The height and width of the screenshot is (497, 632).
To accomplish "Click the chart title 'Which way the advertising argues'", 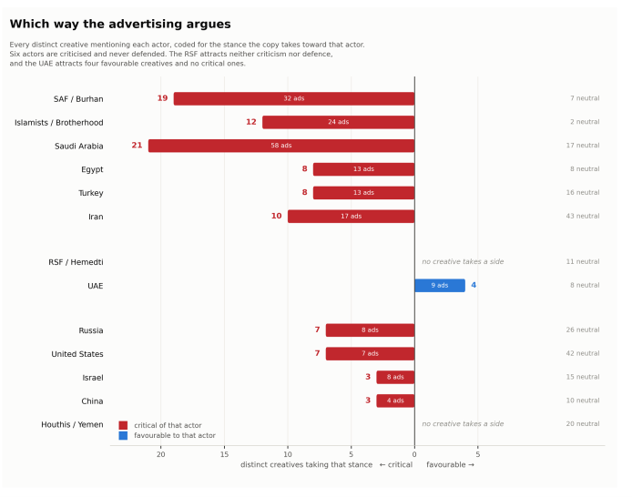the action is click(x=120, y=24).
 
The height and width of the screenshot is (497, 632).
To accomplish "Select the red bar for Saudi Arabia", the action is click(x=281, y=146).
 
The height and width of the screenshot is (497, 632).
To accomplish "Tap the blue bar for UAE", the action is click(x=440, y=285).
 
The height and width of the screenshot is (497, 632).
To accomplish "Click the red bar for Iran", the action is click(x=352, y=217).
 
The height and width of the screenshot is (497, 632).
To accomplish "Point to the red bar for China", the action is click(x=395, y=401).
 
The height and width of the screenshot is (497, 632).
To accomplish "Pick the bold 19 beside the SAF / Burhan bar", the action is click(x=162, y=98).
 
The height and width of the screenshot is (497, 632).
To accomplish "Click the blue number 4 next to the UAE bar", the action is click(x=474, y=285).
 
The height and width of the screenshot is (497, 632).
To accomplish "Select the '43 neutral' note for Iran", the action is click(x=583, y=216).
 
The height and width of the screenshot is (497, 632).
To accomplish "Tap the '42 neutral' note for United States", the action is click(x=583, y=353).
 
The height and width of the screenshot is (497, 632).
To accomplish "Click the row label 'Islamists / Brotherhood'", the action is click(x=59, y=123).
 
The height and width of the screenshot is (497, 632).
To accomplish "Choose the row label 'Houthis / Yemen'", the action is click(x=72, y=424).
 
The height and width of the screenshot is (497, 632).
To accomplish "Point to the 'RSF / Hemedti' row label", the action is click(x=76, y=262).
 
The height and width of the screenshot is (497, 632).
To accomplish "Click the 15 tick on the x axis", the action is click(x=224, y=454).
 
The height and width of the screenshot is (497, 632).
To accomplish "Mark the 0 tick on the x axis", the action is click(x=414, y=454).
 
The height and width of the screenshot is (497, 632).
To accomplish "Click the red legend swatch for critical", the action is click(x=123, y=425).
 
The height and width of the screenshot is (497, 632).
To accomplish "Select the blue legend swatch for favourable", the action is click(x=123, y=435).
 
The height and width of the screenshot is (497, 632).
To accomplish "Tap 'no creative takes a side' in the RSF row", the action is click(x=463, y=262).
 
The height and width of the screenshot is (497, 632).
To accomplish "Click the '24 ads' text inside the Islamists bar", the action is click(x=338, y=122).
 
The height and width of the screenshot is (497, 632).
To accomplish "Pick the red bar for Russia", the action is click(x=370, y=330).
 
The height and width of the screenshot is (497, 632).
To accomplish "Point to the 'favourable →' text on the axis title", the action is click(x=450, y=465).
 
